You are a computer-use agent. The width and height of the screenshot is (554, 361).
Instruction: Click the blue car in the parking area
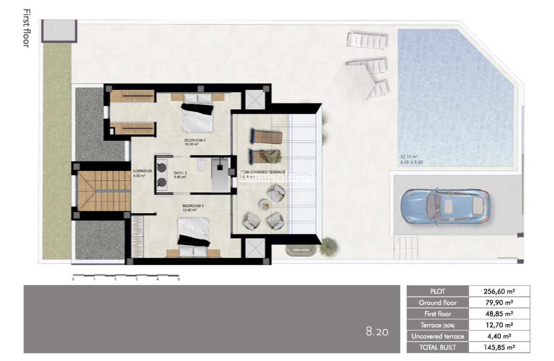point(445,206)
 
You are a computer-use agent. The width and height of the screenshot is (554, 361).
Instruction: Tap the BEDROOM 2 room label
point(195,140)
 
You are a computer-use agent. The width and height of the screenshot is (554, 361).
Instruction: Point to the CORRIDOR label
point(139,171)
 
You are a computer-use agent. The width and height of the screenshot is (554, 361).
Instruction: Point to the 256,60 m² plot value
point(499,291)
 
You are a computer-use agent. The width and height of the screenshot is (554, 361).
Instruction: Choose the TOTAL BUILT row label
point(437,347)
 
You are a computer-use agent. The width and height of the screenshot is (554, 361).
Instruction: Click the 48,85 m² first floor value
point(499,314)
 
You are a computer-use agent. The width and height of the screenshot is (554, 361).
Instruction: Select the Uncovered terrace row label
point(437,336)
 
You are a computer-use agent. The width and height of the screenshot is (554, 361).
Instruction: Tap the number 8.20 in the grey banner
point(377,332)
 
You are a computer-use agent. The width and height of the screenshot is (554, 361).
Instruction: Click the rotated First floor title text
point(26,28)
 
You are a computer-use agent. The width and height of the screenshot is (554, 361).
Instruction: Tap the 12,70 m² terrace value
point(499,325)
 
